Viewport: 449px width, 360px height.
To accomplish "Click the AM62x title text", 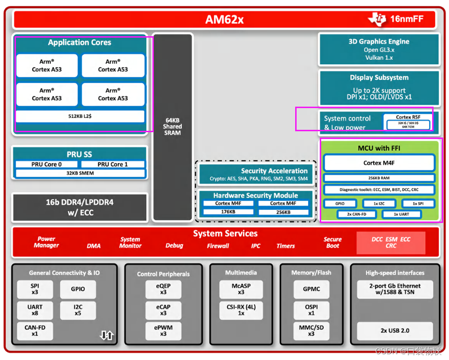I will pos(224,19).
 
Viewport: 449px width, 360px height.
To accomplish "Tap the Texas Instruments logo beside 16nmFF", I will pos(377,19).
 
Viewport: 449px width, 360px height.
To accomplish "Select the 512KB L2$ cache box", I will pos(80,116).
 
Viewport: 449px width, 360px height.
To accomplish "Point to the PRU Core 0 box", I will pos(46,164).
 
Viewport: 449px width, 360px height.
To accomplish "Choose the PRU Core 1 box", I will pos(112,164).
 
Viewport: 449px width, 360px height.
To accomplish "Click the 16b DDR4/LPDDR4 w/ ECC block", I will pos(80,207).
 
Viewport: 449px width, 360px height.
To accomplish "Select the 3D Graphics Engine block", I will pos(379,49).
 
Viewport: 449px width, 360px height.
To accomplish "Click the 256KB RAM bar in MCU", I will pos(379,178).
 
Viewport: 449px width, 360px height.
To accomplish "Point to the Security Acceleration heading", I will pos(274,171).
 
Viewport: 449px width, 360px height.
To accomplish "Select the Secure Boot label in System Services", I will pos(332,242).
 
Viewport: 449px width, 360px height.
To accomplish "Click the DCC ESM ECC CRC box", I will pos(391,242).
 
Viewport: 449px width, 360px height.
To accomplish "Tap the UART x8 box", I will pos(35,310).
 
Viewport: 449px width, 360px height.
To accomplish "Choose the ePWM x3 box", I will pos(164,331).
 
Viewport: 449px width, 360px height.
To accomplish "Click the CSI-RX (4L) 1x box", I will pos(241,310).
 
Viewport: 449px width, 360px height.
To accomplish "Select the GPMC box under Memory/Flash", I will pos(311,289).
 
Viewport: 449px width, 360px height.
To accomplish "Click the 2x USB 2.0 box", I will pos(395,331).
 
